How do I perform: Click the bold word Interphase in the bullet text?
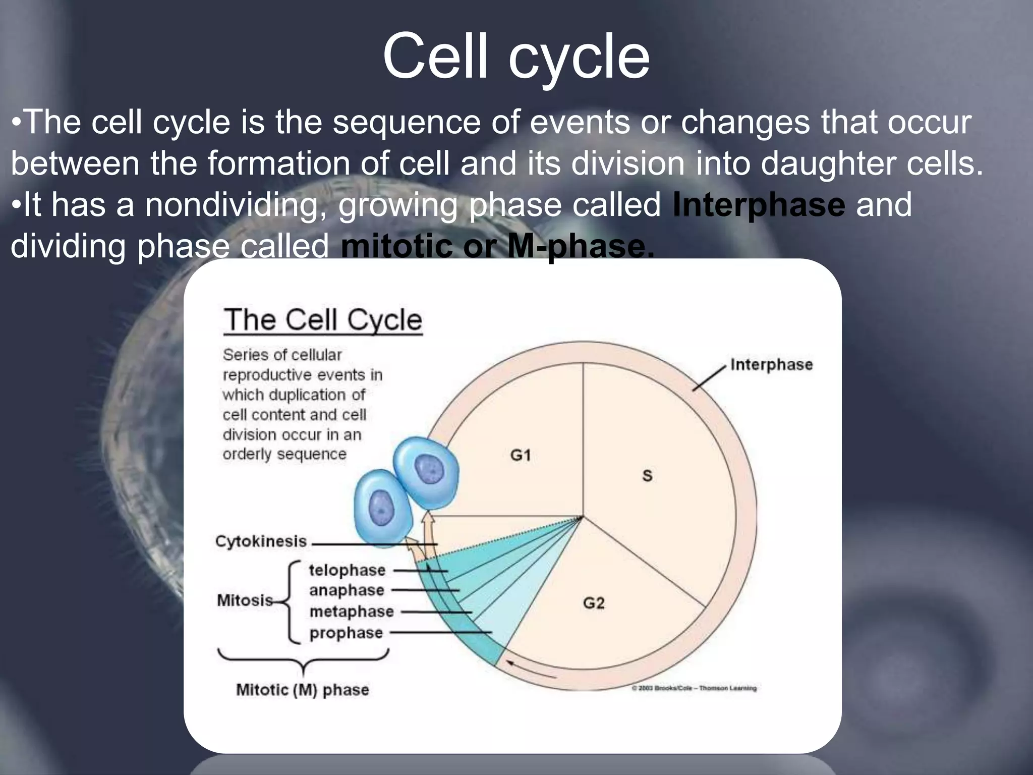tap(759, 205)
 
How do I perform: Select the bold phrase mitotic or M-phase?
tap(497, 246)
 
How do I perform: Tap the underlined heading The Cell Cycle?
tap(323, 320)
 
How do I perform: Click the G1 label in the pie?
tap(520, 455)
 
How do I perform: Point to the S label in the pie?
tap(647, 475)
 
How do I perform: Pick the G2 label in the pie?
tap(593, 603)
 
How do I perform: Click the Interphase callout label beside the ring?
tap(771, 364)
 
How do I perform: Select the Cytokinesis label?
tap(261, 541)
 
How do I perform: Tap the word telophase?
tap(347, 570)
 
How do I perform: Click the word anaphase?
tap(347, 590)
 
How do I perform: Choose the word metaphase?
tap(352, 612)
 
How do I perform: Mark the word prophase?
tap(346, 633)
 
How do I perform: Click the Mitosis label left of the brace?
tap(245, 600)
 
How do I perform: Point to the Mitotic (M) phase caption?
tap(303, 690)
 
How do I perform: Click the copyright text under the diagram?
tap(695, 688)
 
